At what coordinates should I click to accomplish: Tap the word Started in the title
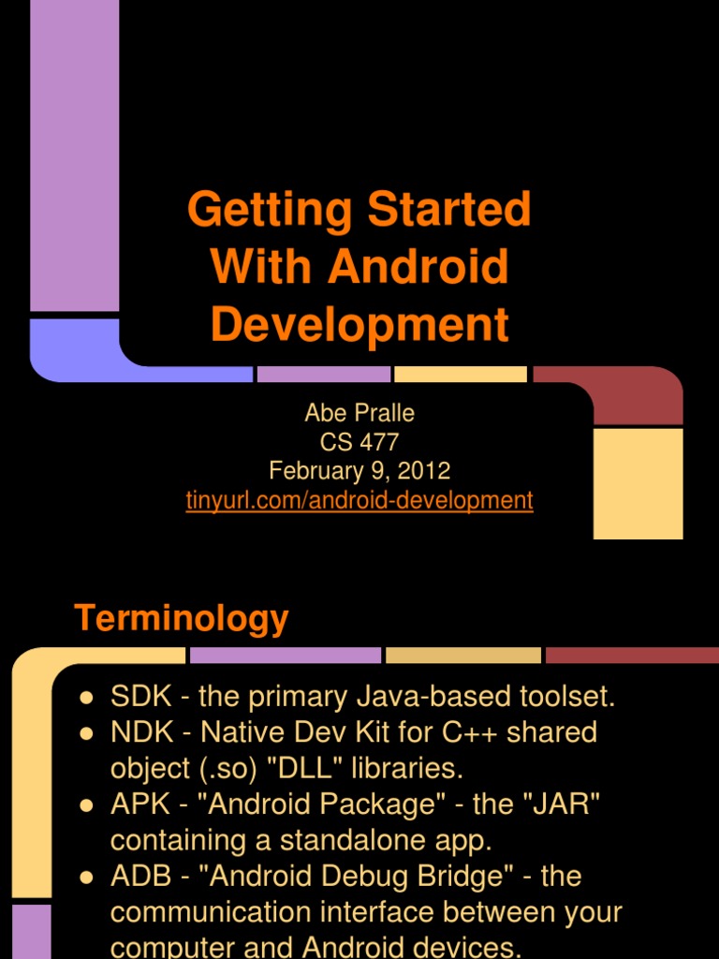[449, 210]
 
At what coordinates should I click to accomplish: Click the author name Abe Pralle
[359, 413]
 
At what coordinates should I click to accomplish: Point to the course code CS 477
[359, 442]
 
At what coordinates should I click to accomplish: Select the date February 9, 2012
[359, 471]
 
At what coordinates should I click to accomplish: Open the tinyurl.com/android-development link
[359, 500]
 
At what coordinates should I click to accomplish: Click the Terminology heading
[182, 619]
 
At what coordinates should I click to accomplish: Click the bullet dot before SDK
[86, 698]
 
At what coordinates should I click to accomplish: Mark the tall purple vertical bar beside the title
[75, 155]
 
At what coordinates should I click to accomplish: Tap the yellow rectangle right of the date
[638, 483]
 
